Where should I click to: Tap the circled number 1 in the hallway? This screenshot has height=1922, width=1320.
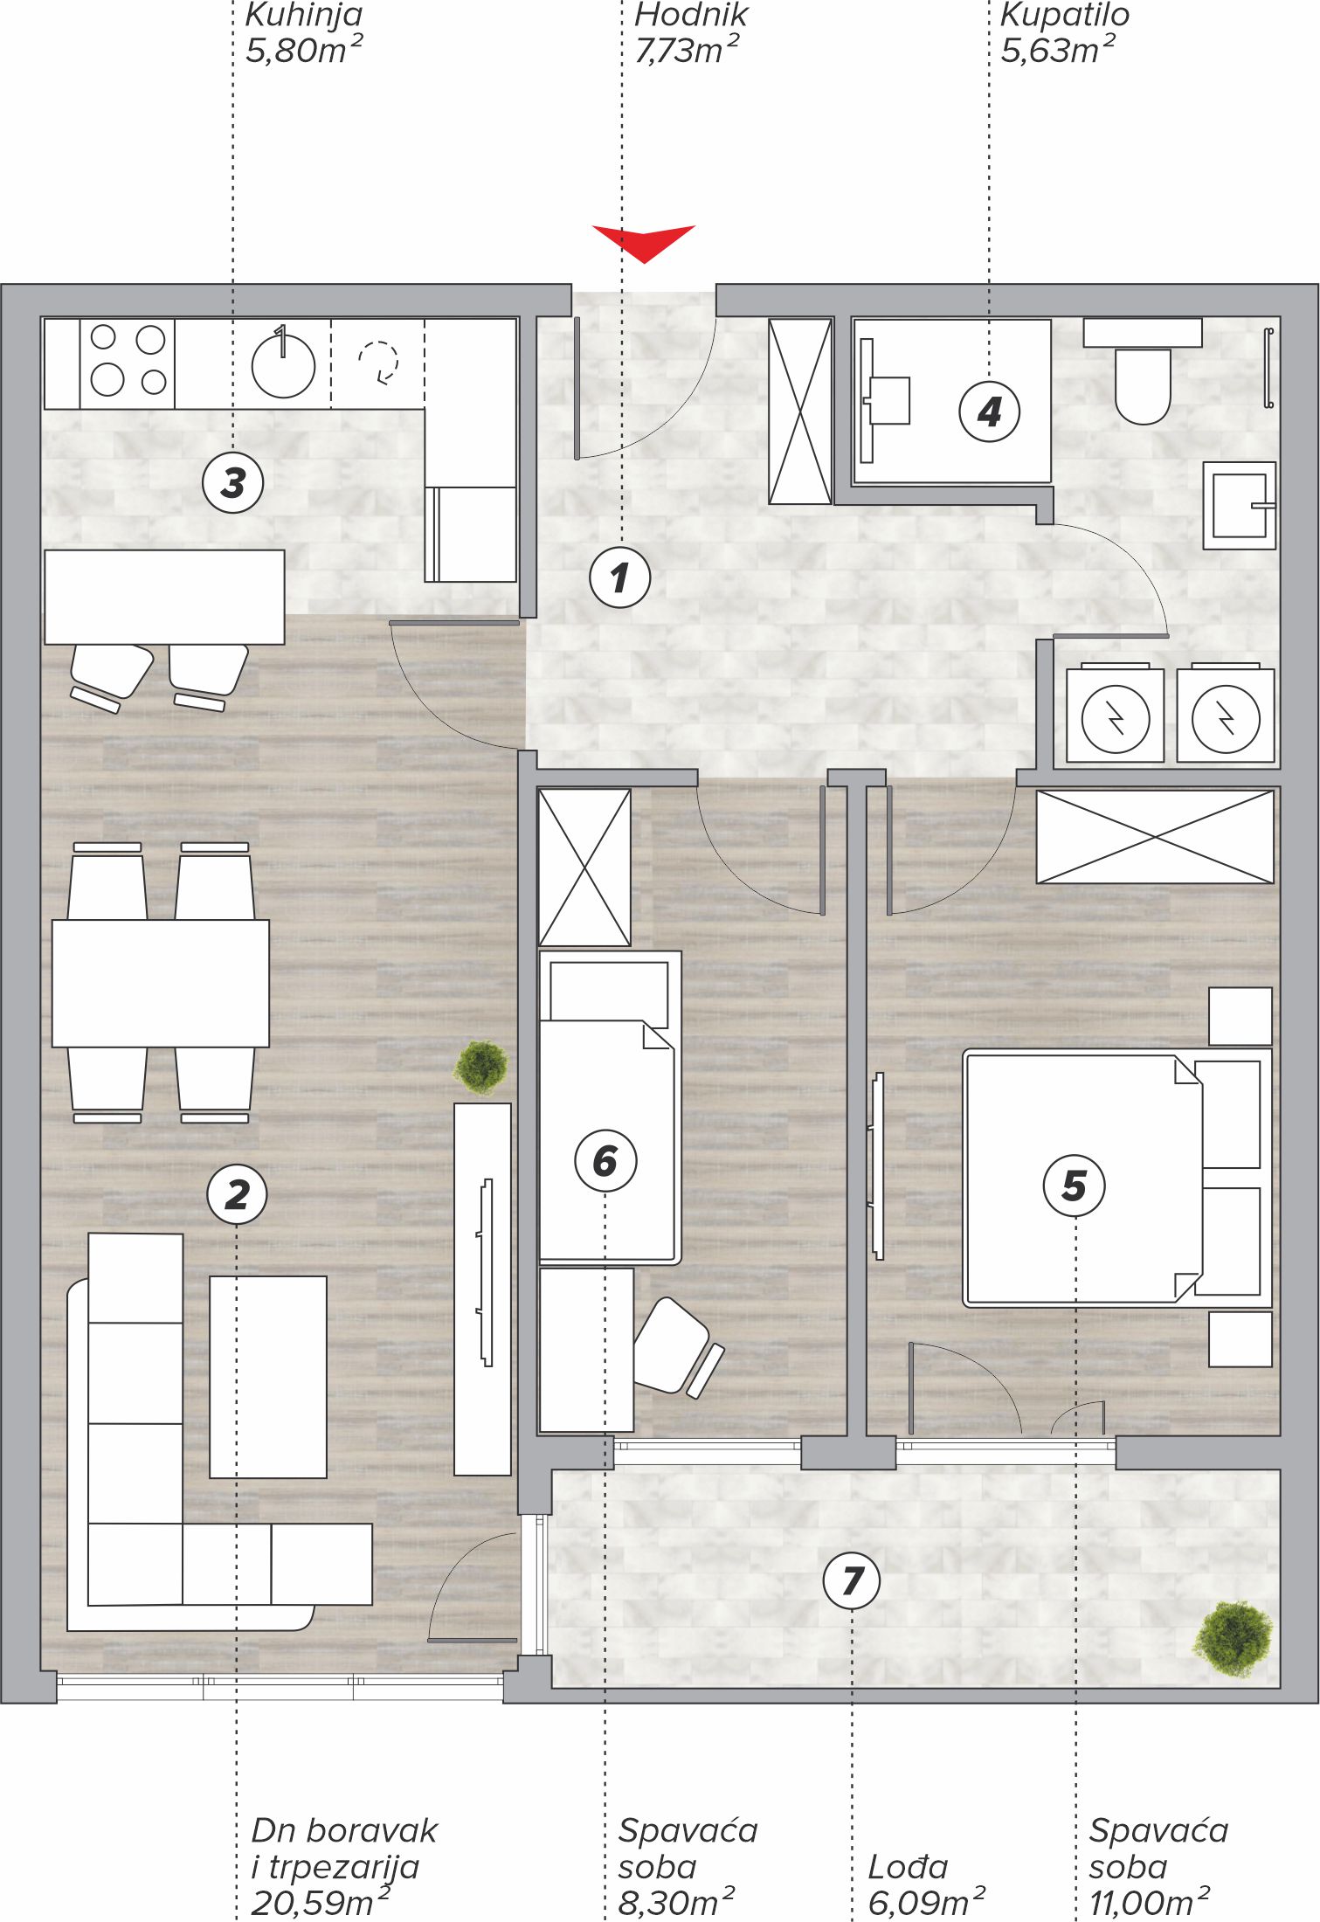[620, 577]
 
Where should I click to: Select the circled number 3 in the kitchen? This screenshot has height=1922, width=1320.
[233, 482]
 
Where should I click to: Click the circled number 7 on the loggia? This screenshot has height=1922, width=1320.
[852, 1580]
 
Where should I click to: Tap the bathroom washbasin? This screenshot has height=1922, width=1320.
[1240, 506]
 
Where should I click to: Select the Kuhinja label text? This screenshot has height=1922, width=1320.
[303, 15]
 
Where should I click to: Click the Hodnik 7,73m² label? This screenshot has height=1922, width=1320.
[688, 33]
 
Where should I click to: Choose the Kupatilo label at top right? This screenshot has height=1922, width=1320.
[1064, 15]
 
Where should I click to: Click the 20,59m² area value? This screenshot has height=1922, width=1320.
[320, 1902]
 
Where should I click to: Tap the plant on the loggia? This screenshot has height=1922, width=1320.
[1234, 1638]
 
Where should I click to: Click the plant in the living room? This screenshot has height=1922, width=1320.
[480, 1067]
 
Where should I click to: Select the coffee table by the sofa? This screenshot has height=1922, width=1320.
[268, 1377]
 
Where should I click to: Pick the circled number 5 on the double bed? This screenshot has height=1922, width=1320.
[1075, 1186]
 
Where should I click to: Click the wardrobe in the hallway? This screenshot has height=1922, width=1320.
[800, 411]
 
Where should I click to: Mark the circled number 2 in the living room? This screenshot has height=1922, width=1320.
[237, 1194]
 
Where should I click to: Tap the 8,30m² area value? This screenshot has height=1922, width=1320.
[676, 1902]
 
